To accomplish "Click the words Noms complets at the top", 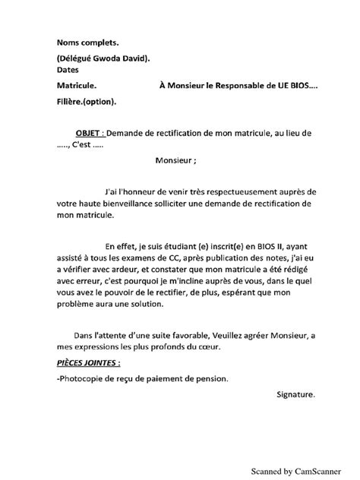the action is click(87, 44).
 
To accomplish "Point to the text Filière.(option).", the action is click(87, 101).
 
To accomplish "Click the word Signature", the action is click(292, 394).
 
